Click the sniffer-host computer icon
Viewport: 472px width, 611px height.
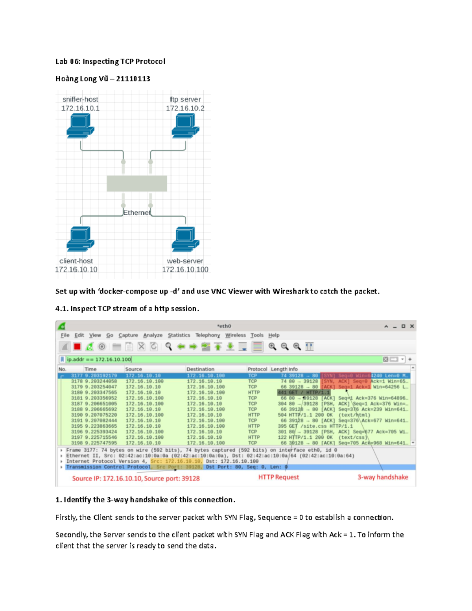80,126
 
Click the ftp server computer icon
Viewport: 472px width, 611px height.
185,126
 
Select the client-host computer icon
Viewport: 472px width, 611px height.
80,239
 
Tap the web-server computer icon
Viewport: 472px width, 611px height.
185,239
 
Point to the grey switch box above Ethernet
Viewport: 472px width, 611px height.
137,184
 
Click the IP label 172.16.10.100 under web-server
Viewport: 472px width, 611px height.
185,270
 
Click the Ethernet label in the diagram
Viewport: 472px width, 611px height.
136,212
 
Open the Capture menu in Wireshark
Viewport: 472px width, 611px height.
128,335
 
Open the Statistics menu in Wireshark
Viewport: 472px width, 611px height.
179,335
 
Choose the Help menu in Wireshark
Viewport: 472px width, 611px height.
274,335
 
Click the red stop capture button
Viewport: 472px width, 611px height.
77,347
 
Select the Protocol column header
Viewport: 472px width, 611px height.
257,369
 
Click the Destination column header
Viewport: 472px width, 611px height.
200,369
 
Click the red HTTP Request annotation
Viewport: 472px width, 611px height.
278,477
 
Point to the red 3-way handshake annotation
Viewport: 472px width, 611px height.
383,477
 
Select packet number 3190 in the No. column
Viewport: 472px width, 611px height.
77,415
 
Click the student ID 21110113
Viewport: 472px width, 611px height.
133,79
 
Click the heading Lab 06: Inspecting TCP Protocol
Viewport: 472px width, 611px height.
110,61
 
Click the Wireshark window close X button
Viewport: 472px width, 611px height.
412,326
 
